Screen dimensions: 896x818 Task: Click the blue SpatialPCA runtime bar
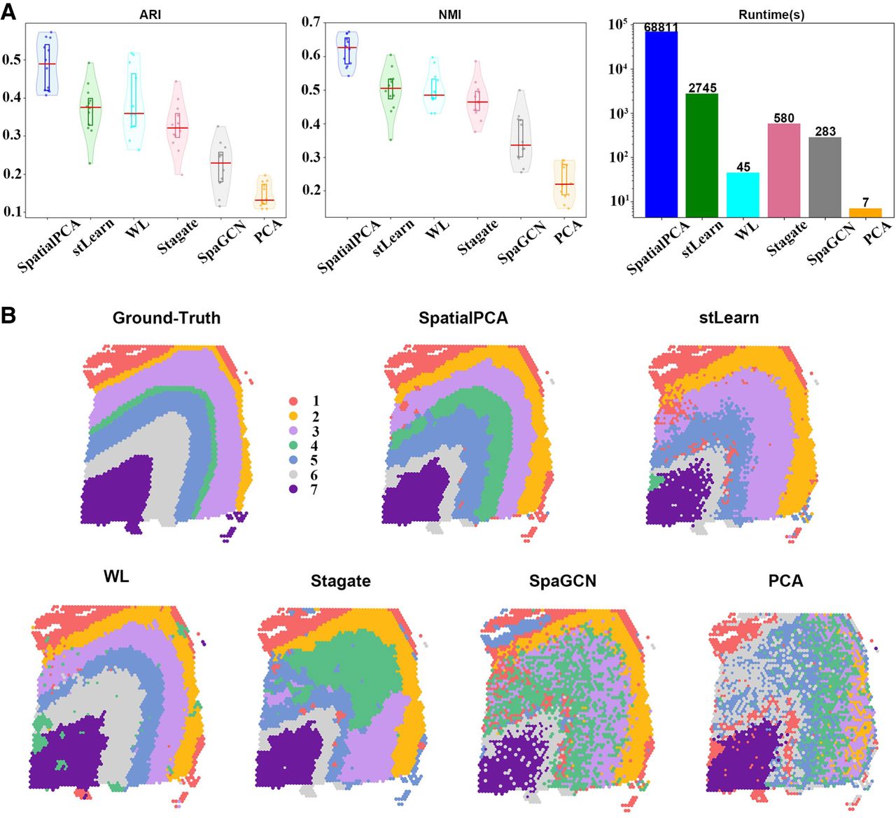tap(661, 124)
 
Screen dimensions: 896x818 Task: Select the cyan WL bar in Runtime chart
tap(743, 195)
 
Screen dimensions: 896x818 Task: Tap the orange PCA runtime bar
tap(865, 213)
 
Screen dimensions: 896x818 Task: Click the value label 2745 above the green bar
tap(703, 88)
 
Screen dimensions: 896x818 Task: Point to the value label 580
tap(784, 118)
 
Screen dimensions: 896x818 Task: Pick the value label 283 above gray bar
tap(825, 132)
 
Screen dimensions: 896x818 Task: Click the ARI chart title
tap(150, 14)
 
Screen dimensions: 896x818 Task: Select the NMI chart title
tap(450, 14)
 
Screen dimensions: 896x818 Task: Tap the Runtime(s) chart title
tap(771, 14)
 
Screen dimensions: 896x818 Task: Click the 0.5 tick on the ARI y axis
tap(11, 59)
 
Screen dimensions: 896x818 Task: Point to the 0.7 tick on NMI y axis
tap(311, 22)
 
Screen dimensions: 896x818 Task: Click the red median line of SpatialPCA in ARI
tap(47, 64)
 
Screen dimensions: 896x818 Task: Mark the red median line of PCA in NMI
tap(564, 184)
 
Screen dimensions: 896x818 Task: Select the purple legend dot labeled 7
tap(293, 490)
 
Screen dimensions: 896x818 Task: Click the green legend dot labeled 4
tap(293, 445)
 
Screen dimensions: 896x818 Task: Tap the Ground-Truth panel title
tap(167, 318)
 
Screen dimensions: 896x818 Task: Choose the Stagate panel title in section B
tap(340, 581)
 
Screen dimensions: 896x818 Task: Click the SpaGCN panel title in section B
tap(562, 581)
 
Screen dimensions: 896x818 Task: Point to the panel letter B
tap(8, 315)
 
